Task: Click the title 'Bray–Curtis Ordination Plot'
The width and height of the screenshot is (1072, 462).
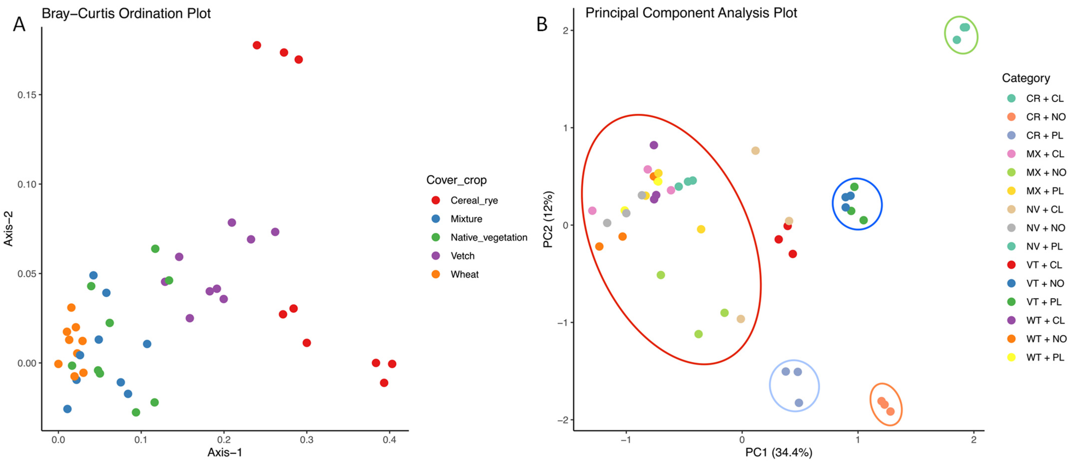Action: [x=126, y=13]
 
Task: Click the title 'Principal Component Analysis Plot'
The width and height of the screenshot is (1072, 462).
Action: [x=691, y=13]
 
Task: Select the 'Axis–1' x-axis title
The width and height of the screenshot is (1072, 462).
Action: [x=225, y=452]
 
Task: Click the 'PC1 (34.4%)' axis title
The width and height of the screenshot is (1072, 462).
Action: [x=778, y=452]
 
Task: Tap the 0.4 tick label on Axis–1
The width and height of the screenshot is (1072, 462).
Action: [x=390, y=440]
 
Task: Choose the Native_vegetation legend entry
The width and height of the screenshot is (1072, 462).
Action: [x=489, y=237]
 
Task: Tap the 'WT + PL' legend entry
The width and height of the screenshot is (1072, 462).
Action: [x=1045, y=357]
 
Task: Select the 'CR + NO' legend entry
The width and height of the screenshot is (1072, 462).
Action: [x=1045, y=117]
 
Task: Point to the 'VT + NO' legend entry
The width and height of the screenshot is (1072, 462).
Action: [x=1045, y=284]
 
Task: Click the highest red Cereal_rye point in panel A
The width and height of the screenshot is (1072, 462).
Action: [x=257, y=45]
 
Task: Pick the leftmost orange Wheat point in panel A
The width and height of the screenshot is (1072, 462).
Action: [x=58, y=364]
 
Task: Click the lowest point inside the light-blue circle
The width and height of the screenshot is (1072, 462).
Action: [x=799, y=403]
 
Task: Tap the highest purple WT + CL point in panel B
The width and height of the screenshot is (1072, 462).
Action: [x=654, y=145]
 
